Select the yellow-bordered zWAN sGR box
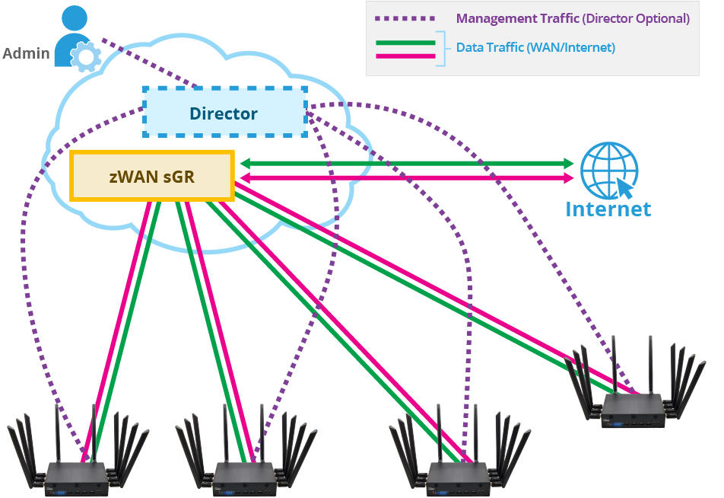[x=151, y=177]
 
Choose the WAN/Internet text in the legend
[x=576, y=47]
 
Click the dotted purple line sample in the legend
[x=403, y=18]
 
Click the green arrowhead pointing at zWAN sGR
[x=246, y=163]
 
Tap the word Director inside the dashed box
[x=224, y=114]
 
